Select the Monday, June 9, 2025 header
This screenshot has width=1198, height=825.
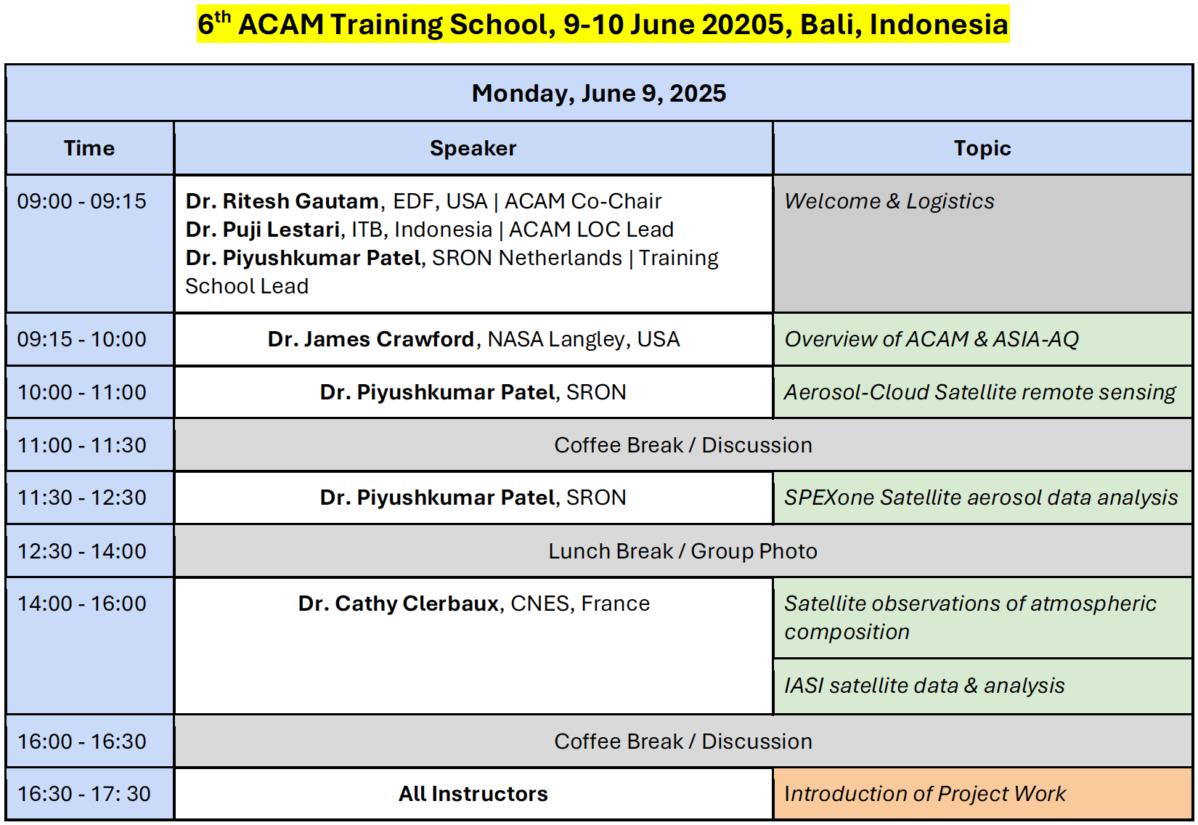598,93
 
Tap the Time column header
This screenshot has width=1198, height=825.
89,148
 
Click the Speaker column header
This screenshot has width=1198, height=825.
473,148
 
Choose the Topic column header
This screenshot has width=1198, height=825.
982,148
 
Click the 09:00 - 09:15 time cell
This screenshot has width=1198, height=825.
82,201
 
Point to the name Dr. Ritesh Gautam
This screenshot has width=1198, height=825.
282,201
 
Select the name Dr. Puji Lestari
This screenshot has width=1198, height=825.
263,229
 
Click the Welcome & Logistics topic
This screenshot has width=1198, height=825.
889,201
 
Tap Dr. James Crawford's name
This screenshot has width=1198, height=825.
370,339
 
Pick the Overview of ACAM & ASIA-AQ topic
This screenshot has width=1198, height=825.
932,339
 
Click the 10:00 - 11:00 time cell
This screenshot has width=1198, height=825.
82,392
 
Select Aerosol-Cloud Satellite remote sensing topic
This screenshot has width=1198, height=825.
979,392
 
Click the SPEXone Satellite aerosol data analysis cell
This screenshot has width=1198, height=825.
981,497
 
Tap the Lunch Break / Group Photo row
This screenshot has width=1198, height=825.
682,551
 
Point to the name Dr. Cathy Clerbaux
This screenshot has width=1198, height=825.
398,603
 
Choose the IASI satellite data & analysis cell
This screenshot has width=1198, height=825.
924,686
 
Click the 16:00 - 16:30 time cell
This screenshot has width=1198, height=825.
82,741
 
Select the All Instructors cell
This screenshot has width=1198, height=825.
473,794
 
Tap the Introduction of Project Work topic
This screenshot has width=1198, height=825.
925,794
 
